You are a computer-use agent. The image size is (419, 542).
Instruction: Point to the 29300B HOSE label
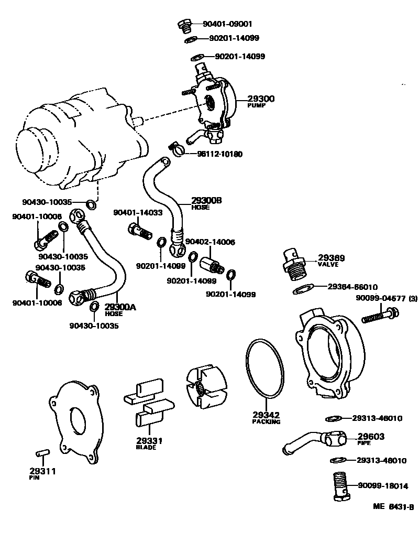pyautogui.click(x=206, y=203)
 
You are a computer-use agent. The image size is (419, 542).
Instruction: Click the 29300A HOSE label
pyautogui.click(x=119, y=310)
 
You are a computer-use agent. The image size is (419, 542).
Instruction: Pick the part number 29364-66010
pyautogui.click(x=352, y=287)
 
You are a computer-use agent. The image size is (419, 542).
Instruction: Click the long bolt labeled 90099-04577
pyautogui.click(x=380, y=316)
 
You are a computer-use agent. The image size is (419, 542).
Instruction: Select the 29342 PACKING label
pyautogui.click(x=266, y=417)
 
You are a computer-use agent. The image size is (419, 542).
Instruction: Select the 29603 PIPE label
pyautogui.click(x=371, y=438)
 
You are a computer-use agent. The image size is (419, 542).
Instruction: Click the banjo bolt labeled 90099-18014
pyautogui.click(x=341, y=486)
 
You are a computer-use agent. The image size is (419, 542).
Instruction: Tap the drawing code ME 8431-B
pyautogui.click(x=393, y=507)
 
